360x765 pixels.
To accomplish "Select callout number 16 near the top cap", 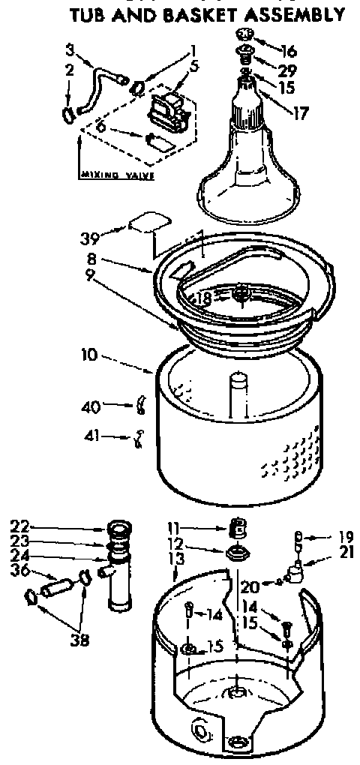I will pos(288,52).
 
